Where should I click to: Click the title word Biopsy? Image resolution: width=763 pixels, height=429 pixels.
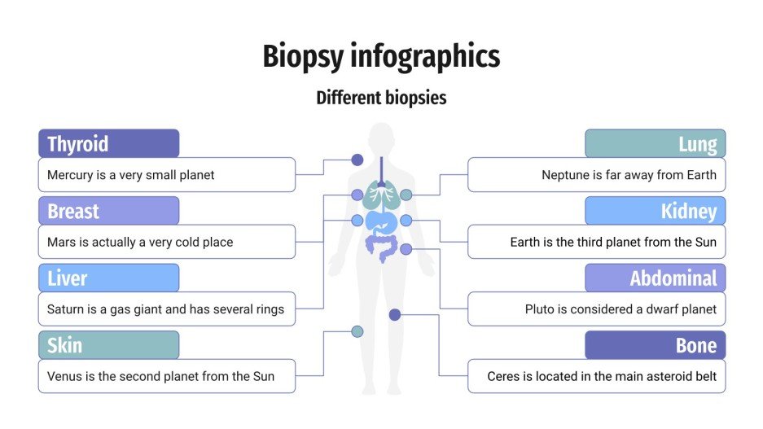point(303,58)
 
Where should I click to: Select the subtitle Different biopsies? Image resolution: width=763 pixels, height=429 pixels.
point(381,98)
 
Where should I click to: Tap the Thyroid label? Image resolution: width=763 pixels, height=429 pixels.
point(78,144)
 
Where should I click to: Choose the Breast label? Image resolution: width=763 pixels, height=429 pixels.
point(73,212)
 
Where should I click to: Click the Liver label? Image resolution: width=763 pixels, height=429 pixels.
point(67,278)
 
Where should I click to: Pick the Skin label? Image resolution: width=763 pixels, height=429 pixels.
point(64,345)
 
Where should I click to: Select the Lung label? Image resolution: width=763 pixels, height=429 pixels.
point(698,145)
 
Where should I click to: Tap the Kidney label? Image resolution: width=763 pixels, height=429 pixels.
point(689,212)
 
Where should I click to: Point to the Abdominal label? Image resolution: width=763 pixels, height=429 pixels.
point(673,278)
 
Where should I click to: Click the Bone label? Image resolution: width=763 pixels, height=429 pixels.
point(696,345)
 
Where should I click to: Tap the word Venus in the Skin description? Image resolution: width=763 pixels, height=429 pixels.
point(65,376)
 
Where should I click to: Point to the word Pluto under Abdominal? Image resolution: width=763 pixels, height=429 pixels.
point(540,309)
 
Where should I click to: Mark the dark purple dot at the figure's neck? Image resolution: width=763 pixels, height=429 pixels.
point(357,160)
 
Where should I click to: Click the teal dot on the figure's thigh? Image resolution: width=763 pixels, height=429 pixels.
point(357,331)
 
